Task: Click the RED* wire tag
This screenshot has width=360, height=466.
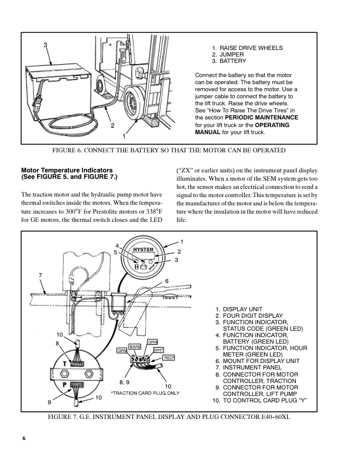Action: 169,357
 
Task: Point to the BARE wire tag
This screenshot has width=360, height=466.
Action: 135,347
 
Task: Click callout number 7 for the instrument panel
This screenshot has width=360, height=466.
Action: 40,275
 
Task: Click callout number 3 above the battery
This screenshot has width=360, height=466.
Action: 45,45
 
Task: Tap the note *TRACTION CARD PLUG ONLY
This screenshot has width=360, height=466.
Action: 145,392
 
